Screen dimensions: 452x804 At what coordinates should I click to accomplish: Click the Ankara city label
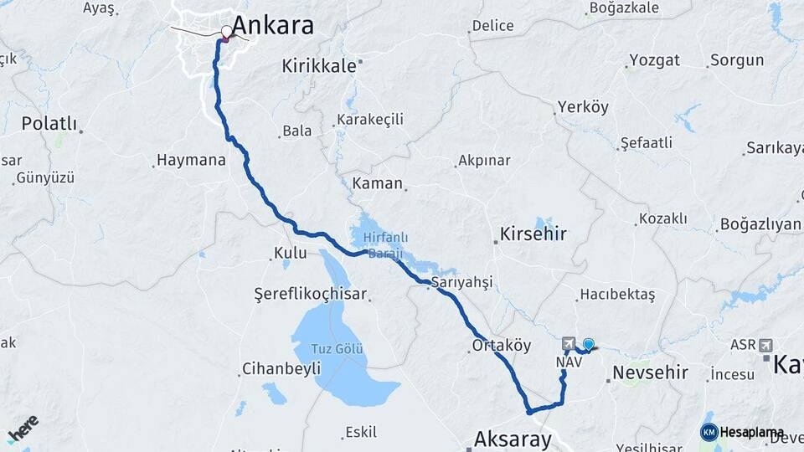coord(273,25)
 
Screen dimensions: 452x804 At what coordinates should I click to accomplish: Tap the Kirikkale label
coord(319,65)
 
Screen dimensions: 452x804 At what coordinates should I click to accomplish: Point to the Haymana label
coord(191,160)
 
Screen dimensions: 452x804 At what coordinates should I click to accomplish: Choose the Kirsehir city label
coord(533,234)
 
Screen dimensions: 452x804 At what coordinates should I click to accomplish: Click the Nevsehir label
coord(650,372)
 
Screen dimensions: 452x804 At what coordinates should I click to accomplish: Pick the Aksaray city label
coord(513,439)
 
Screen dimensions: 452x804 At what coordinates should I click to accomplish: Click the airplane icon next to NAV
coord(569,344)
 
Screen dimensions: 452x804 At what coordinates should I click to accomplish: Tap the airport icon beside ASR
coord(765,345)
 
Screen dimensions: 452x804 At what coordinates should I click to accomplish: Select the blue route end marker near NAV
coord(588,344)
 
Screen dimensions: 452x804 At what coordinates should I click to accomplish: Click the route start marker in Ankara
coord(227,33)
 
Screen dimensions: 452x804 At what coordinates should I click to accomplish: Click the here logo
coord(23,430)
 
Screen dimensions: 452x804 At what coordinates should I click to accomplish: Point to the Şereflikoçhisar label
coord(312,295)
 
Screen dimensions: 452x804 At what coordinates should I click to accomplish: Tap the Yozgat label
coord(654,60)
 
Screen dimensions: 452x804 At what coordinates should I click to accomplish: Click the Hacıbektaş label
coord(616,295)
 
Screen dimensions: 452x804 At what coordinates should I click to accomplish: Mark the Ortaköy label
coord(502,345)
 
